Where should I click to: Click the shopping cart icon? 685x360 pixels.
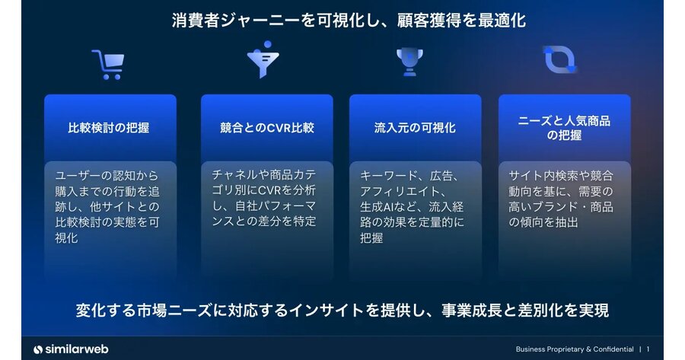click(108, 65)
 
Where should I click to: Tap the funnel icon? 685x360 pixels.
click(263, 60)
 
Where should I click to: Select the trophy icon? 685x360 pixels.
click(409, 62)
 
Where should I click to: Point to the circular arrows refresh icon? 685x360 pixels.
click(559, 59)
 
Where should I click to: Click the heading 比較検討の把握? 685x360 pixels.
click(109, 128)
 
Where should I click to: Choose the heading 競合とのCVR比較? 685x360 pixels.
click(267, 128)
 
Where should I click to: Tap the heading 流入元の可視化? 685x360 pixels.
click(415, 128)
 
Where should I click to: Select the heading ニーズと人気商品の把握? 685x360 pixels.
click(565, 128)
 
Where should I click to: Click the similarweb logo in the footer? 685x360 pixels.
click(71, 349)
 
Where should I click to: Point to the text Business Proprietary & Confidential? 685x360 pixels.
click(575, 349)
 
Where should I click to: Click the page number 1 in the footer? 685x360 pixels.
click(648, 349)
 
